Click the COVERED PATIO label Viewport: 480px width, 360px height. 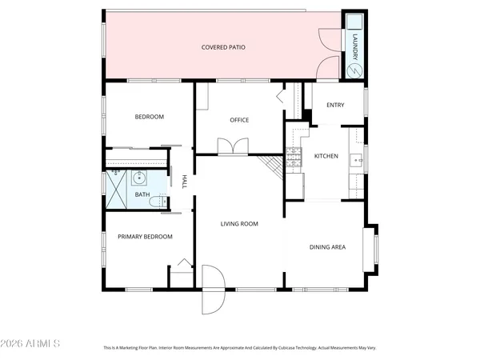[x=223, y=48]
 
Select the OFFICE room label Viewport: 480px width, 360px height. [x=239, y=120]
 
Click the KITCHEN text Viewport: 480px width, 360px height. [x=326, y=155]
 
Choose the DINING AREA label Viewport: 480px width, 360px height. [x=327, y=246]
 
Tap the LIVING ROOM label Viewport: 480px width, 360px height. [x=239, y=224]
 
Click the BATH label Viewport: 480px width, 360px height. [x=142, y=194]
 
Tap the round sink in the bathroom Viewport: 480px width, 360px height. [x=138, y=177]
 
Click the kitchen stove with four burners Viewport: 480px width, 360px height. [x=294, y=157]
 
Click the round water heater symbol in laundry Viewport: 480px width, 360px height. [x=354, y=70]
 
